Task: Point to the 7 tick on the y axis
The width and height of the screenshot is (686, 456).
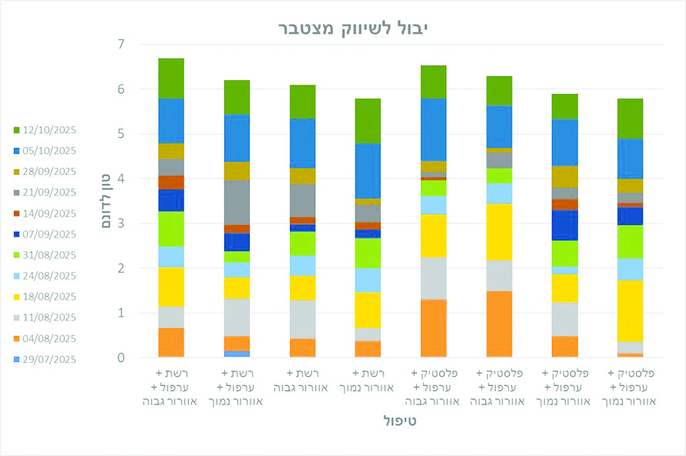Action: [121, 45]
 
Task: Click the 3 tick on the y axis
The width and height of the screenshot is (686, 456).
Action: [121, 223]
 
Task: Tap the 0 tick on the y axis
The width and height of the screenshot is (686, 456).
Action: [121, 357]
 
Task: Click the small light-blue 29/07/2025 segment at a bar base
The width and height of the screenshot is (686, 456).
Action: [237, 354]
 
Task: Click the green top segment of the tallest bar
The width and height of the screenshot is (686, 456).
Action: [171, 78]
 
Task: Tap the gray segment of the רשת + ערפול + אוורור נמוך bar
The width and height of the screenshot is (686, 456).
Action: [237, 202]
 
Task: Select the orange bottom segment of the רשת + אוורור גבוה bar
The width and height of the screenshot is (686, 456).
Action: [302, 347]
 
